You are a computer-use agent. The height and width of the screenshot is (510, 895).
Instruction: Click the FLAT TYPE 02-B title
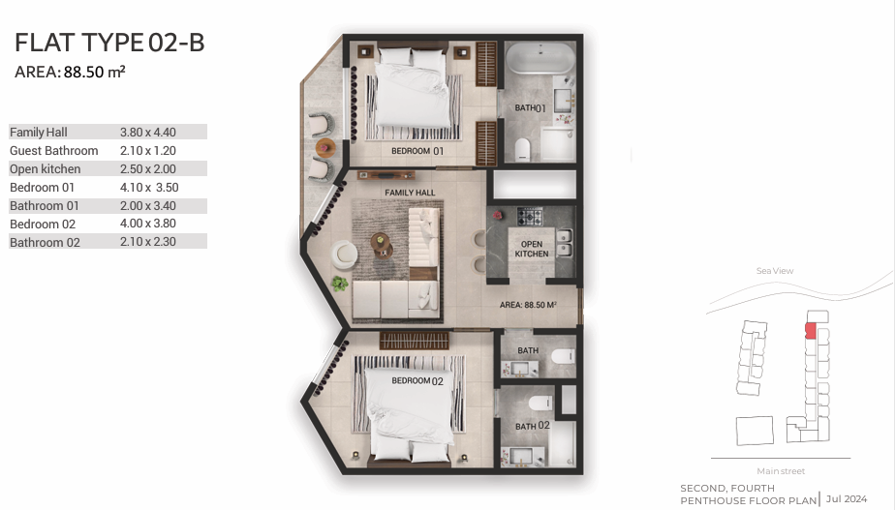tap(109, 43)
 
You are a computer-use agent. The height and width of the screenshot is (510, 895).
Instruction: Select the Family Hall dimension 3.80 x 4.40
tap(148, 133)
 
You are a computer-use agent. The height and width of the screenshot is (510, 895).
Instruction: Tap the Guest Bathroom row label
tap(53, 151)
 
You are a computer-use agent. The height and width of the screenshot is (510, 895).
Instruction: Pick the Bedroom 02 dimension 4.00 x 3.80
tap(148, 224)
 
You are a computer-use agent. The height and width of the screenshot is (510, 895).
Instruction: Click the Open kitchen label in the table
tap(46, 168)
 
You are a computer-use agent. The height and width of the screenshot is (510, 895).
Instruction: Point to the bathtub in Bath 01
tap(540, 58)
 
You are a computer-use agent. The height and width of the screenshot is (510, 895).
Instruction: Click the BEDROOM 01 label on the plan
tap(417, 151)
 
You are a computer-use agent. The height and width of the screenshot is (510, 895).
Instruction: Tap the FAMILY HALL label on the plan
tap(410, 193)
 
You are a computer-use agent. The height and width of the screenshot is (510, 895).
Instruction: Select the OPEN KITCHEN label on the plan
tap(532, 249)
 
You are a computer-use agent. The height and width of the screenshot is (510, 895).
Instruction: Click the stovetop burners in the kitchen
tap(530, 216)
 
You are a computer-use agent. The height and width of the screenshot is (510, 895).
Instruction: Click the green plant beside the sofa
tap(340, 283)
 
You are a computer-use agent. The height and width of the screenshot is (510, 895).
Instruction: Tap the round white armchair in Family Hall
tap(344, 255)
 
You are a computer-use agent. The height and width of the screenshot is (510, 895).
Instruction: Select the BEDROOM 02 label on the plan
tap(417, 381)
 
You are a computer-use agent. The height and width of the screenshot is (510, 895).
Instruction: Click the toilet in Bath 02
tap(540, 403)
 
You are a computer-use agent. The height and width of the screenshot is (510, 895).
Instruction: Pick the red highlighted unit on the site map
tap(811, 331)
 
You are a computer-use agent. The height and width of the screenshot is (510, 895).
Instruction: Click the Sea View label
tap(775, 271)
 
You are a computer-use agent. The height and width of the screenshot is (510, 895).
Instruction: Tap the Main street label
tap(781, 471)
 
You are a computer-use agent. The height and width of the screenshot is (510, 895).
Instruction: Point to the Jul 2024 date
tap(846, 498)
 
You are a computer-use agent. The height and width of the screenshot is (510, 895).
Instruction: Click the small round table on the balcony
tap(325, 148)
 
